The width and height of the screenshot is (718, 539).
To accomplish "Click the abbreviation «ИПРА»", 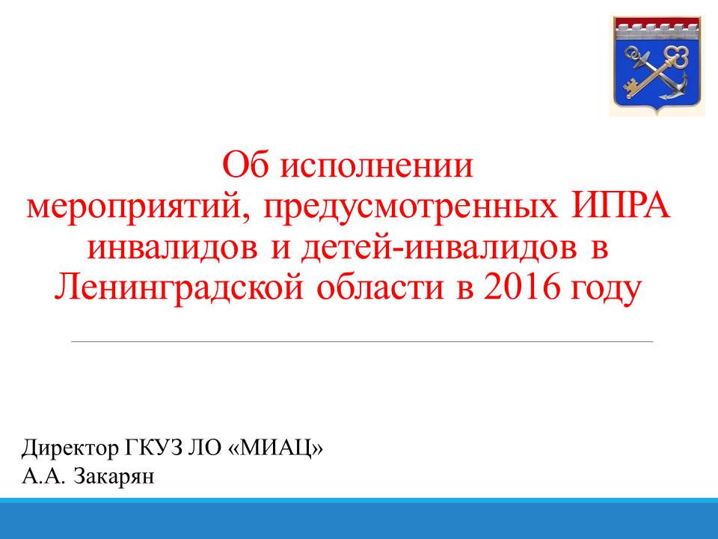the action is (x=621, y=206).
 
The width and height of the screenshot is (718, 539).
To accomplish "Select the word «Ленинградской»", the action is (x=179, y=287).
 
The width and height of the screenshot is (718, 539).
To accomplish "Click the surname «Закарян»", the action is (x=114, y=477).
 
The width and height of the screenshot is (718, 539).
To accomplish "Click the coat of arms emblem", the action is (x=657, y=66).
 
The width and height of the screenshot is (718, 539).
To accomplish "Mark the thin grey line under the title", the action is (x=362, y=341).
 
